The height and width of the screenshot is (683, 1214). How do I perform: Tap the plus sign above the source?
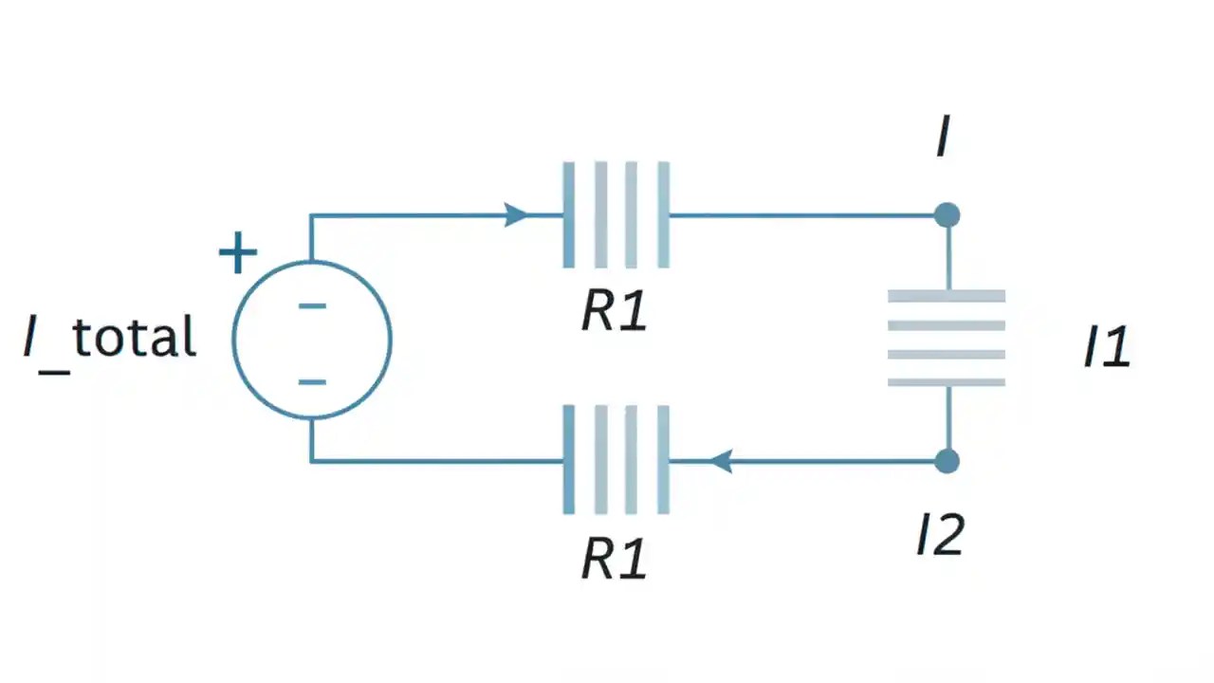click(x=237, y=254)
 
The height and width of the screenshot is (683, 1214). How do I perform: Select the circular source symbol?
click(x=312, y=339)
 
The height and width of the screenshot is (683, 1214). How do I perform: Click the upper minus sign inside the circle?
click(x=312, y=305)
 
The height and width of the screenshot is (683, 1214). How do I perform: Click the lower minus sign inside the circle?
click(x=312, y=382)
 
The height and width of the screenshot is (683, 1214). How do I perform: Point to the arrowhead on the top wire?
click(x=516, y=215)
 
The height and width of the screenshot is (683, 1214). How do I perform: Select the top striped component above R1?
click(x=616, y=215)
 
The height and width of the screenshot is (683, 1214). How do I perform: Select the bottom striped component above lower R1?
click(x=616, y=460)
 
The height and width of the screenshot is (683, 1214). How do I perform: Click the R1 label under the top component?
click(x=615, y=311)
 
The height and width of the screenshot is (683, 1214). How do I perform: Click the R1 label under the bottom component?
click(x=615, y=559)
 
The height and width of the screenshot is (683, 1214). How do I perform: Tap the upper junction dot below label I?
click(x=947, y=215)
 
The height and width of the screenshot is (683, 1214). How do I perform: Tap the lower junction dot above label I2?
click(x=947, y=462)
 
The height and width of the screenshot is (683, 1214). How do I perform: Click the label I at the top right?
click(x=942, y=138)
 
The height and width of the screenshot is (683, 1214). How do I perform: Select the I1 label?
click(x=1107, y=347)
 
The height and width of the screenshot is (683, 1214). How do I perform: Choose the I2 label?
click(x=940, y=535)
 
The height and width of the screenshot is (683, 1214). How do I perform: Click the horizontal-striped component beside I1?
click(x=947, y=339)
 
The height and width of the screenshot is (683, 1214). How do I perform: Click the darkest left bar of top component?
click(x=568, y=215)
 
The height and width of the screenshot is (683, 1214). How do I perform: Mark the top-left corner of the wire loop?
click(x=311, y=216)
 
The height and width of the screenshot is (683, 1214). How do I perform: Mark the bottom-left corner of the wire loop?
click(x=311, y=462)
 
